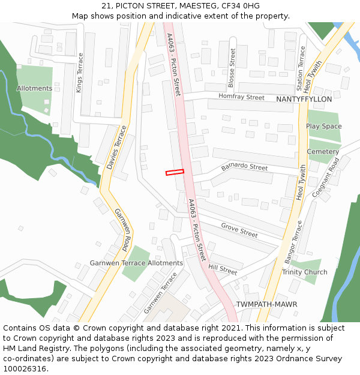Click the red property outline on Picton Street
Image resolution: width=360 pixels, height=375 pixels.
click(175, 172)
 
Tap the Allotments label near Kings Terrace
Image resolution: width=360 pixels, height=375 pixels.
click(34, 88)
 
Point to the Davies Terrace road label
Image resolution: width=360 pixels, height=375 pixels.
click(116, 147)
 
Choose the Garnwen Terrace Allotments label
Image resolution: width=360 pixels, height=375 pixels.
click(136, 263)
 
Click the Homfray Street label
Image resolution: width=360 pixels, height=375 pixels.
click(241, 97)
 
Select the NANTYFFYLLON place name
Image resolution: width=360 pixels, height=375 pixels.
click(304, 99)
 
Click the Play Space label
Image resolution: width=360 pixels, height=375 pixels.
click(323, 126)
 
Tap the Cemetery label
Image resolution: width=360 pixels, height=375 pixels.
click(323, 152)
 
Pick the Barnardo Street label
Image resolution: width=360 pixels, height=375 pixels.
click(244, 166)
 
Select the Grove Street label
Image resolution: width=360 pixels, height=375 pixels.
click(239, 230)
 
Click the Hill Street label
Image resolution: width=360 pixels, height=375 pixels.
click(223, 270)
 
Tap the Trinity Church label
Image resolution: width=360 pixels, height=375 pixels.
click(305, 272)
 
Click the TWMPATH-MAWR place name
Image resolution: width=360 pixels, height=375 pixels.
click(266, 304)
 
